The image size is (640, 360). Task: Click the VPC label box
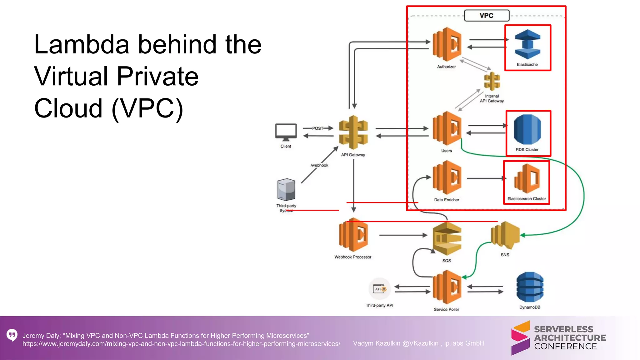tap(487, 16)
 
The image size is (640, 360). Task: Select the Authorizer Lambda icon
tap(447, 44)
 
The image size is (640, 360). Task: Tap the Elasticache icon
tap(527, 44)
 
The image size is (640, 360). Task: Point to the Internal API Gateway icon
tap(492, 81)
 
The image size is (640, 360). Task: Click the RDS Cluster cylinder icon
tap(527, 129)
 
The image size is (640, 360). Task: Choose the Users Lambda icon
tap(447, 128)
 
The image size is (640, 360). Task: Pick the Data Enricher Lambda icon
tap(447, 177)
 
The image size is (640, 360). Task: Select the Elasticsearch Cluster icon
tap(527, 178)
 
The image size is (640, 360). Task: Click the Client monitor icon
tap(286, 132)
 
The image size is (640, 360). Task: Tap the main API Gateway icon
tap(353, 132)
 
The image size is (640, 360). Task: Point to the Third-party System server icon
tap(286, 189)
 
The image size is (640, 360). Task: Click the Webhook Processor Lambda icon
tap(353, 235)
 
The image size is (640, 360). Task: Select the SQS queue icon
tap(447, 239)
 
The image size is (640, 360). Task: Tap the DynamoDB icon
tap(530, 287)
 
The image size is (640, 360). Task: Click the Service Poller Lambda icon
tap(447, 287)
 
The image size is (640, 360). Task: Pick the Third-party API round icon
tap(380, 289)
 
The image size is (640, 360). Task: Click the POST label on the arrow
tap(318, 128)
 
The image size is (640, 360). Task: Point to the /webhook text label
tap(319, 165)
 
